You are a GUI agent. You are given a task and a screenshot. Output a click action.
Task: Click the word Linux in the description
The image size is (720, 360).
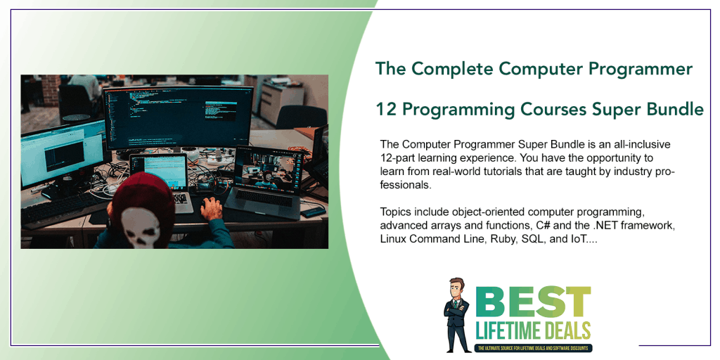394,238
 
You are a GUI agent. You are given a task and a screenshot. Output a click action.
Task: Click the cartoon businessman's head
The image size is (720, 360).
458,290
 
